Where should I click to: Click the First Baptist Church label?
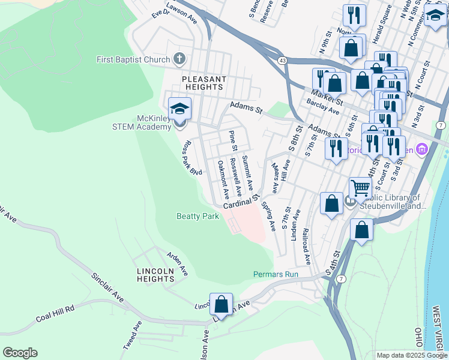pos(133,59)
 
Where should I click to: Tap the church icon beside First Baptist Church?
pos(178,59)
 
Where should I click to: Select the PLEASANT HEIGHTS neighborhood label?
pos(205,83)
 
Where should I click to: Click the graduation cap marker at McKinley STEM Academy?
pos(179,109)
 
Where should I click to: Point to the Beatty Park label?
pos(197,216)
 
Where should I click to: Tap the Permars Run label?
pos(276,274)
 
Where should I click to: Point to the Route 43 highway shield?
pos(282,61)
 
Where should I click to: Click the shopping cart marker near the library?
pos(360,188)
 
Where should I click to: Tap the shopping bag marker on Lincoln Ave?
pos(221,304)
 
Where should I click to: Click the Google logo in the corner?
pos(20,353)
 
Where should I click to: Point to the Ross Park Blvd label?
pos(191,158)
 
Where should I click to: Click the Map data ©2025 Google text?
pos(412,355)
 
